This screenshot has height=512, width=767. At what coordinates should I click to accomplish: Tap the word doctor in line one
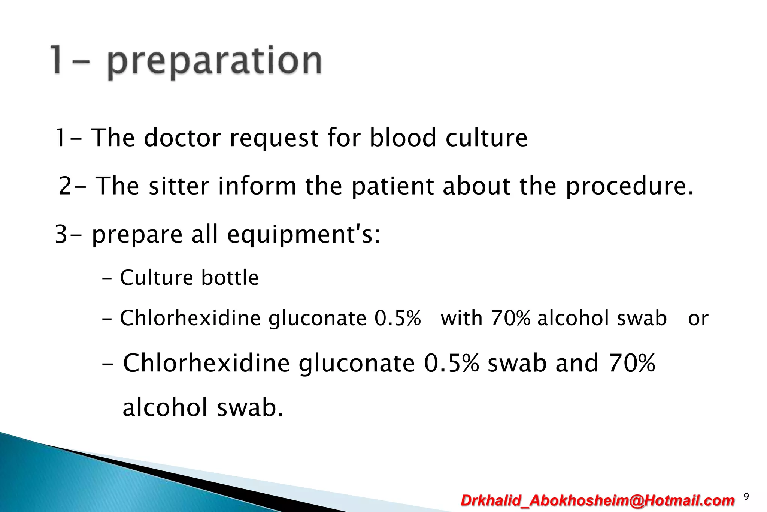coord(182,138)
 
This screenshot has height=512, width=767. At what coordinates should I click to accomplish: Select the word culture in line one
coord(486,138)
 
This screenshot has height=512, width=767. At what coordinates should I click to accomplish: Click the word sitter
coord(179,186)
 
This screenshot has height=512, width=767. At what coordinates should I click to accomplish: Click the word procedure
coord(629,186)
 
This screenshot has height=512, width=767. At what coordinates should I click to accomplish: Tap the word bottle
coord(230,278)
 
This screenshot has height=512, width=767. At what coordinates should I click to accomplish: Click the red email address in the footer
coord(597,500)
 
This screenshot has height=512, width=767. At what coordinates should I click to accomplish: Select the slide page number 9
coord(746,497)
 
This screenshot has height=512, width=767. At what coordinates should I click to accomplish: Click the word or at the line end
coord(698,319)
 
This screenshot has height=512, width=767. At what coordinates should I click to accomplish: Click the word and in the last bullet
coord(577,363)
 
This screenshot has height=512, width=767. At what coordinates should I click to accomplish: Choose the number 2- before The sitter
coord(71,186)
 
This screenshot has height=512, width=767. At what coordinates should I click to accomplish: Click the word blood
coord(403,138)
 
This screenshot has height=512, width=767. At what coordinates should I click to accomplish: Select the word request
coord(274,138)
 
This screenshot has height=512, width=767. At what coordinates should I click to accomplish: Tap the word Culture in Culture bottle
coord(156,278)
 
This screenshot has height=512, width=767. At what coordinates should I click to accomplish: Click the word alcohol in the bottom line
coord(165,407)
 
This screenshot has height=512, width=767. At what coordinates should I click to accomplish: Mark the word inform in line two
coord(257,186)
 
